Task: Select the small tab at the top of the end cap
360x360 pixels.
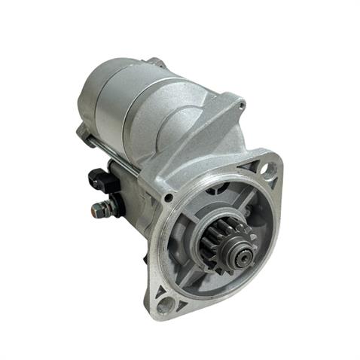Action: [154, 62]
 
